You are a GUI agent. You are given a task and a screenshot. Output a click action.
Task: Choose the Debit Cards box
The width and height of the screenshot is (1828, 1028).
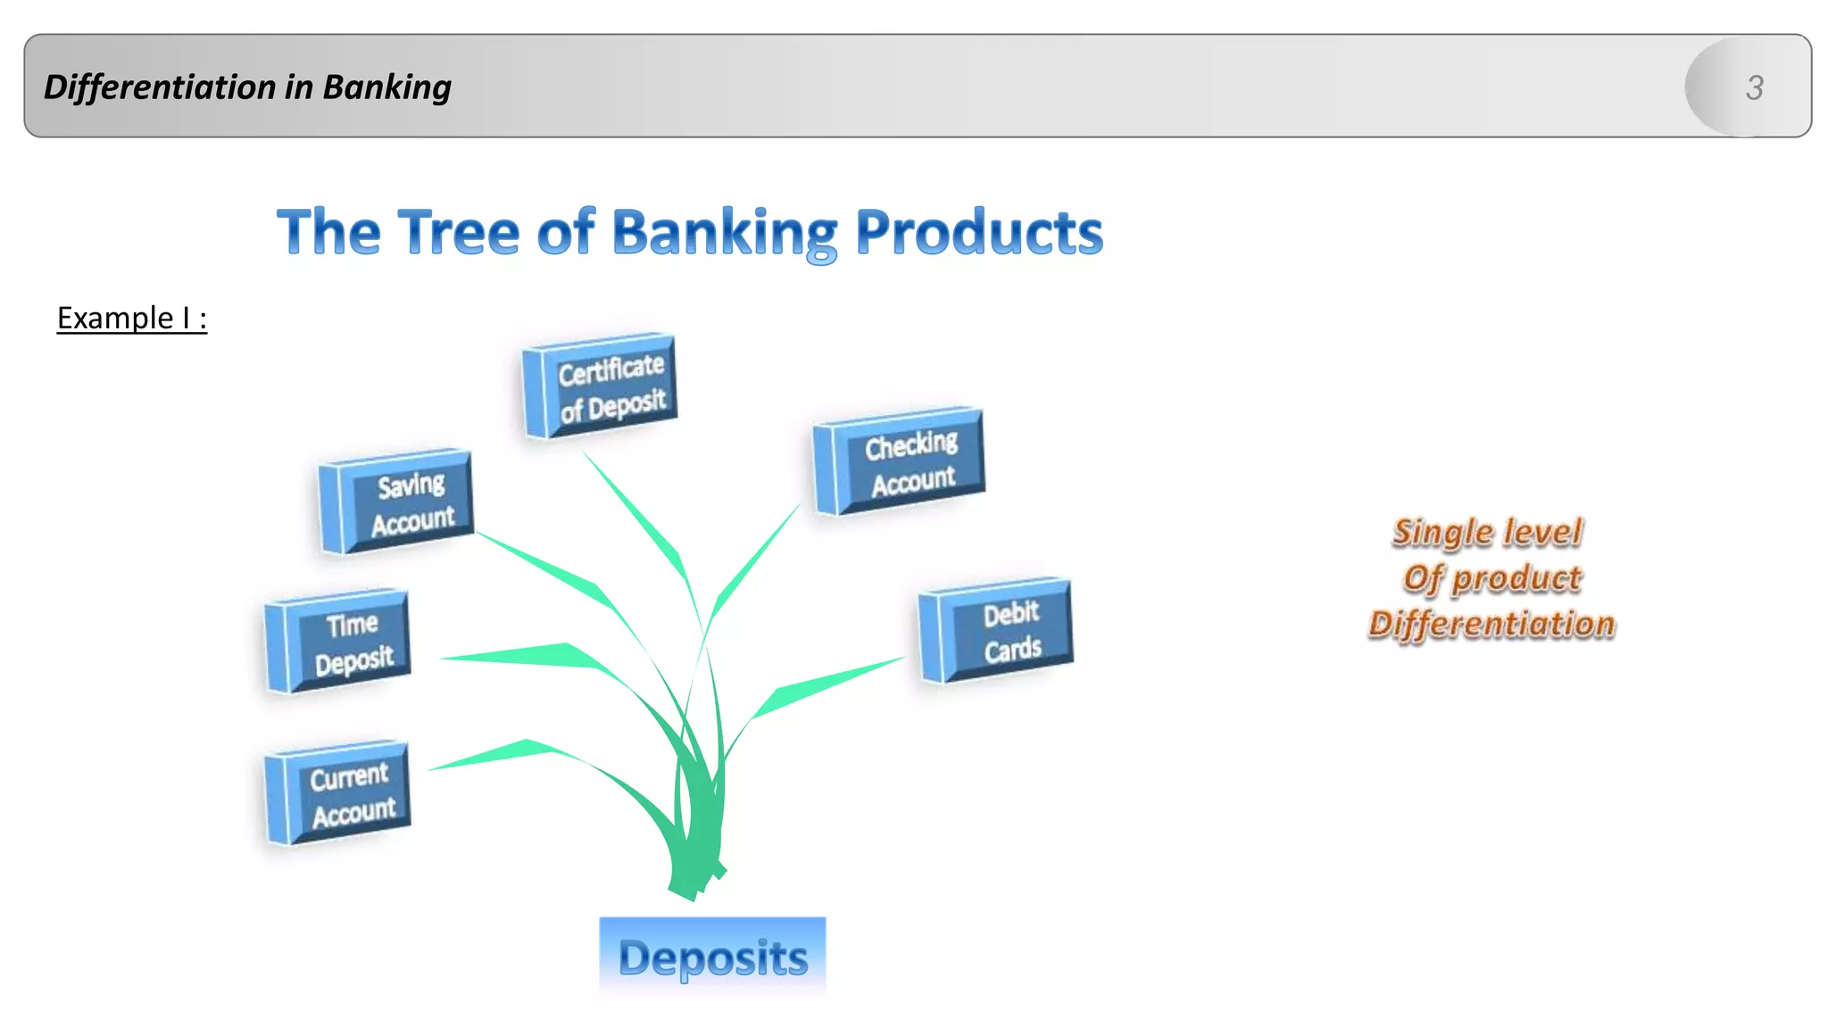tap(996, 631)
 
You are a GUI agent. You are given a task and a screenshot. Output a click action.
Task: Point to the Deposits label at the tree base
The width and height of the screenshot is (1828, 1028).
tap(712, 957)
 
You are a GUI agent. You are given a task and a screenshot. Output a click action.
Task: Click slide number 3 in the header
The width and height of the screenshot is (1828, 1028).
tap(1754, 87)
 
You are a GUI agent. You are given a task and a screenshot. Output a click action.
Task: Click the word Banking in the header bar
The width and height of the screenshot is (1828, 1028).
tap(386, 87)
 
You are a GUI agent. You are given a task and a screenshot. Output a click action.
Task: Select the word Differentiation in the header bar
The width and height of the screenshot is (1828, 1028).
tap(161, 87)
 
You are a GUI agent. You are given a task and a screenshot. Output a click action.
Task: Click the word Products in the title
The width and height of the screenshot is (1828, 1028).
tap(979, 232)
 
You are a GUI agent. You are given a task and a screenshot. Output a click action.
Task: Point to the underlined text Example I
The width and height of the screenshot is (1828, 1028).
tap(132, 318)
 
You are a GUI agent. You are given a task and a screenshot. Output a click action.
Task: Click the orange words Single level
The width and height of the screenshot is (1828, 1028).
tap(1487, 532)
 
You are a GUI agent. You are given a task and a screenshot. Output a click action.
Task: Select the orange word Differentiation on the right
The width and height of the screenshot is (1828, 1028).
tap(1491, 624)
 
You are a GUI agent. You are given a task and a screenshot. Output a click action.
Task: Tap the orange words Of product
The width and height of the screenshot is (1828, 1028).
tap(1491, 578)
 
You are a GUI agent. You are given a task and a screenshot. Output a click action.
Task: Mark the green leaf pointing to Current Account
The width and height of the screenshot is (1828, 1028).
tap(518, 752)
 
